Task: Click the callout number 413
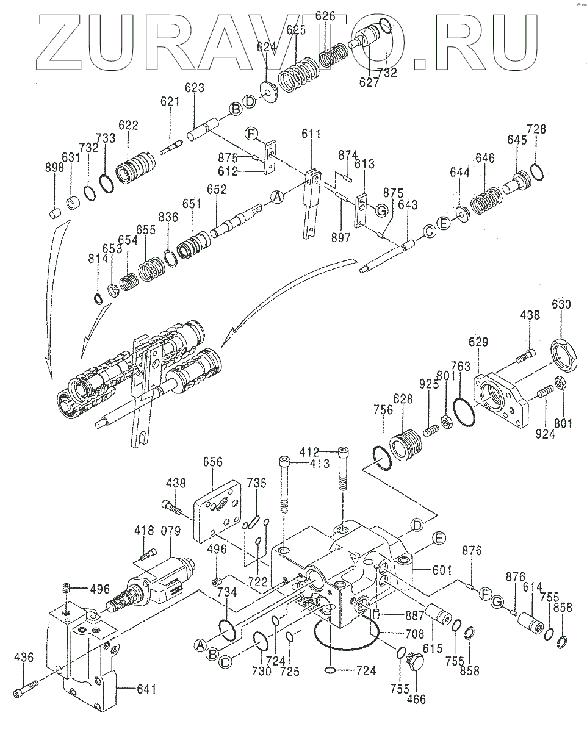click(319, 464)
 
